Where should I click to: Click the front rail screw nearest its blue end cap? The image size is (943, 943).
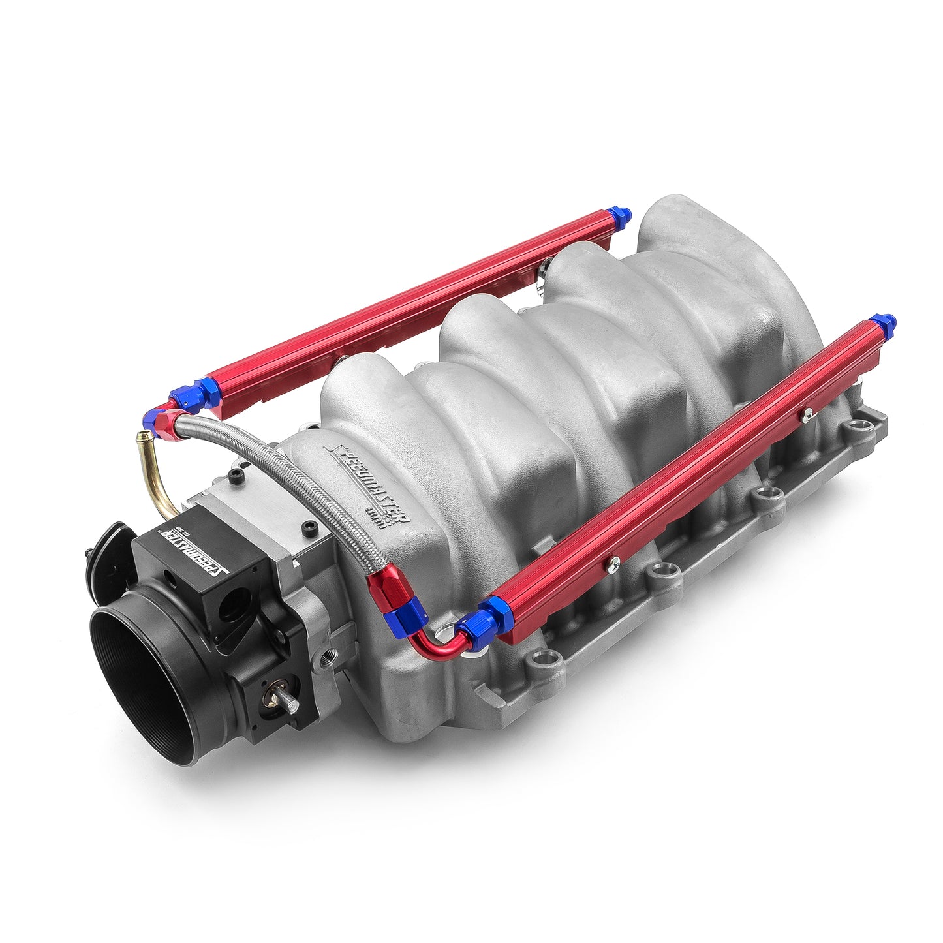808,412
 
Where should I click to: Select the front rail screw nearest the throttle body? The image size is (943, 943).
612,564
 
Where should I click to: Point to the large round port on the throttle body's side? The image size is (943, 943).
235,604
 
